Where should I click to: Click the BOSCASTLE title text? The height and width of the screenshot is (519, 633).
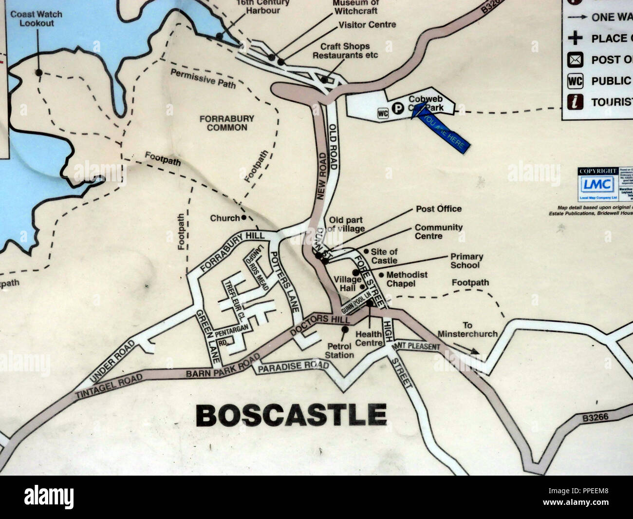point(291,415)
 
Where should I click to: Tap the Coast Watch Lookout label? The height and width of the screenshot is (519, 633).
point(37,19)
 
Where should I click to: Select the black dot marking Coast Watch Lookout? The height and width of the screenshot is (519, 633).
point(38,72)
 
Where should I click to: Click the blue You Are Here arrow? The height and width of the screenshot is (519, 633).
point(441,129)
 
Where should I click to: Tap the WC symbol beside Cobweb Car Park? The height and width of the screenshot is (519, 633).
point(382,113)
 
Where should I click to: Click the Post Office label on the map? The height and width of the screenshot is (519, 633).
point(438,209)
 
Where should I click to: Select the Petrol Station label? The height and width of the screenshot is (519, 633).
point(339,350)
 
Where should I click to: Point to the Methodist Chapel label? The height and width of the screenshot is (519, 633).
point(407,279)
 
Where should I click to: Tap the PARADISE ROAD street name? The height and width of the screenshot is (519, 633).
point(293,366)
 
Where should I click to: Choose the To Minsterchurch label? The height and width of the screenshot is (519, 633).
point(467,329)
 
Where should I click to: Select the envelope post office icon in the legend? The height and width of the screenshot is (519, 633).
point(575,60)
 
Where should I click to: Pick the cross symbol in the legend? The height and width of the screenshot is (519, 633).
point(575,38)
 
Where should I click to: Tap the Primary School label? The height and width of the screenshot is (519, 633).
point(466,261)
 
